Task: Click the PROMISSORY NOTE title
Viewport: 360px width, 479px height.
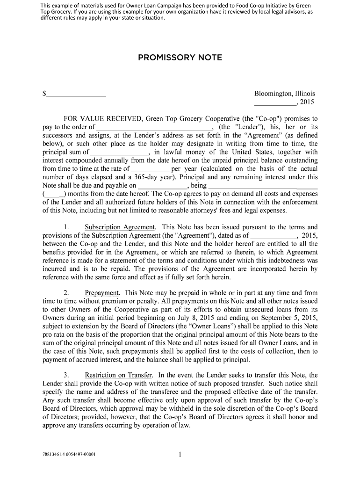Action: click(180, 58)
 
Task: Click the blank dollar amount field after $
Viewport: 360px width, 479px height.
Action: click(76, 94)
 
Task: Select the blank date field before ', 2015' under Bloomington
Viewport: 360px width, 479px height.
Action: click(274, 102)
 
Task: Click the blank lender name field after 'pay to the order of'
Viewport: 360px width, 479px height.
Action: click(154, 127)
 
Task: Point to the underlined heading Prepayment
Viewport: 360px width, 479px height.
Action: click(101, 293)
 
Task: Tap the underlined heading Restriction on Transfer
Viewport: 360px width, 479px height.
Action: click(118, 375)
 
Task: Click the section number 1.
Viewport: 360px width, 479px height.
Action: click(67, 227)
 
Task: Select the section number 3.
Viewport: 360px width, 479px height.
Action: click(67, 375)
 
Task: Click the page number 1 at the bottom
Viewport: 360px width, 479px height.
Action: click(180, 454)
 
